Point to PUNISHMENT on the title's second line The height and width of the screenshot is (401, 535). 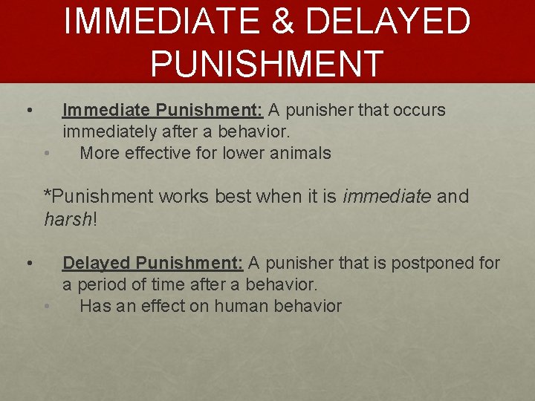[x=267, y=62]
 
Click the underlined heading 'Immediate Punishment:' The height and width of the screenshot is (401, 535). [x=163, y=111]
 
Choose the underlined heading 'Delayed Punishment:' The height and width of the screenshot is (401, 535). [x=152, y=263]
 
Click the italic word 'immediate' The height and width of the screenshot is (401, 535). [x=387, y=197]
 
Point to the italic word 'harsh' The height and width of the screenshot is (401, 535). [x=66, y=219]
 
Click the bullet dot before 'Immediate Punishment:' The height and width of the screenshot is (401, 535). [x=27, y=111]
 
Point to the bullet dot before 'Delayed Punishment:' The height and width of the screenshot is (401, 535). [x=27, y=264]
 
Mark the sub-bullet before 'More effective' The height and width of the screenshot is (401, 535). [x=47, y=154]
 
